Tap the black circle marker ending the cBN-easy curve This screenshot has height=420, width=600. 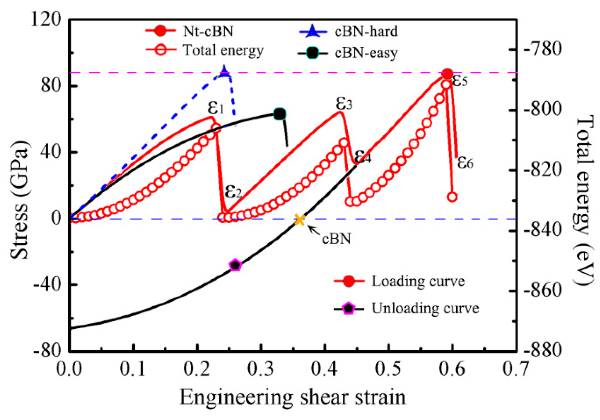coord(280,114)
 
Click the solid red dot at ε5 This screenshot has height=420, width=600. coord(447,74)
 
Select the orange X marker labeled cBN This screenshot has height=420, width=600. coord(300,220)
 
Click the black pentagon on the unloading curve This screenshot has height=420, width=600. coord(235,265)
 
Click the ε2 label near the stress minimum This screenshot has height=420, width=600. coord(233,191)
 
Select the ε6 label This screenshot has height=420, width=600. coord(465,162)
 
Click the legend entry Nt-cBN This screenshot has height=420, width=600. coord(208,31)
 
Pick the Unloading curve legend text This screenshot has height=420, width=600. coord(425,308)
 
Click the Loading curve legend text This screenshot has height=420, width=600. coord(418,281)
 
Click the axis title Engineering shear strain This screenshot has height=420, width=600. coord(292,397)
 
